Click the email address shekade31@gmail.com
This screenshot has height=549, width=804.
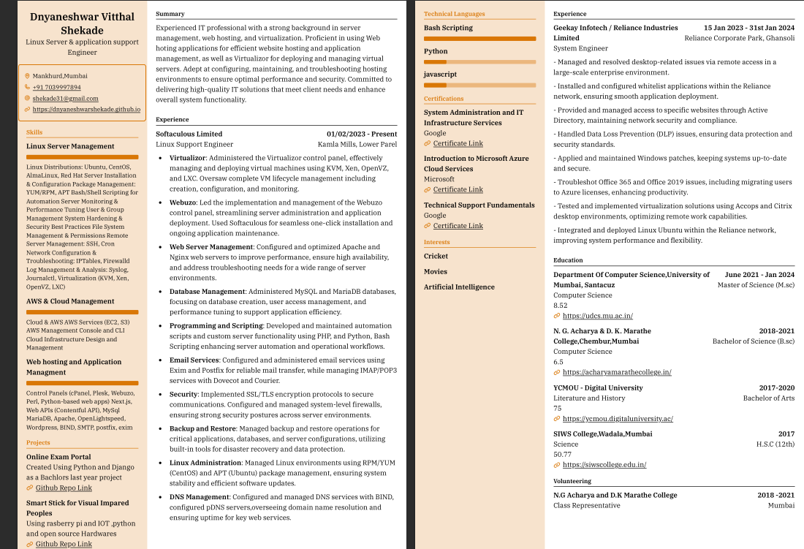point(65,98)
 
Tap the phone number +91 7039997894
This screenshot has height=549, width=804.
point(58,87)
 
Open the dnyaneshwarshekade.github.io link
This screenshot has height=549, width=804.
point(86,109)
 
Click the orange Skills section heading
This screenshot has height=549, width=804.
point(34,132)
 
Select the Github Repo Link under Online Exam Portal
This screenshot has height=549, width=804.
point(64,488)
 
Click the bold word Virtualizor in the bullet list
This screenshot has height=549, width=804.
point(187,157)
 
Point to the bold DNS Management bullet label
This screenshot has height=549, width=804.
point(199,497)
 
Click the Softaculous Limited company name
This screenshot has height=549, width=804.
point(189,134)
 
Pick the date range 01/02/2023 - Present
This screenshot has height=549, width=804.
point(362,134)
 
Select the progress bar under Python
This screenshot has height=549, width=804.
point(479,61)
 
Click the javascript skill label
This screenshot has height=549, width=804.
point(440,75)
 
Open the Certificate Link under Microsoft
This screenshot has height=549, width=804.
point(458,189)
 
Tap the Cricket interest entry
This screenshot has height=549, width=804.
point(436,256)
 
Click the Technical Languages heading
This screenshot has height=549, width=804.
point(454,14)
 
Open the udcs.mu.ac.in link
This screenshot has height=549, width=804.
point(597,316)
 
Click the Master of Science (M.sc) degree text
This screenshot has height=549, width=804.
point(756,285)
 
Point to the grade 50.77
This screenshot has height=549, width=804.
point(562,454)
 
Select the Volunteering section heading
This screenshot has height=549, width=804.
point(572,481)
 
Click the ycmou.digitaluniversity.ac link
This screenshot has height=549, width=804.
point(618,419)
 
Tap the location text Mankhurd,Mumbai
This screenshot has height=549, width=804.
point(59,76)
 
